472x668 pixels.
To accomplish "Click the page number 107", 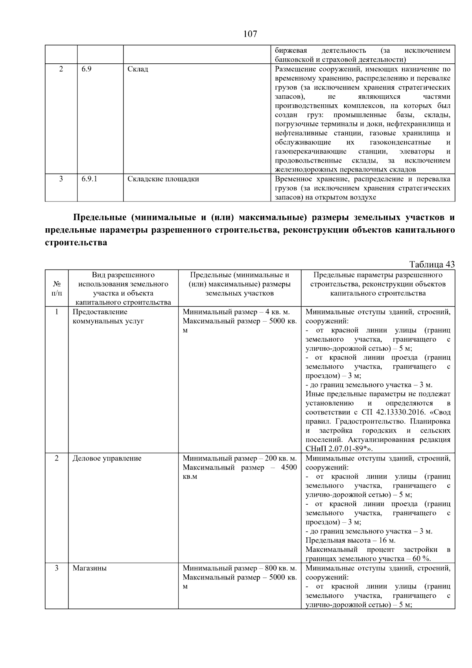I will [x=250, y=34].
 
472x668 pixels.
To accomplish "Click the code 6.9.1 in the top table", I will [x=89, y=179].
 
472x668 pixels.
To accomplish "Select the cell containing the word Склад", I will [x=138, y=69].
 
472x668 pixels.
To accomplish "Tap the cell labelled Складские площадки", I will [x=163, y=179].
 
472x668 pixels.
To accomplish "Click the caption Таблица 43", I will [x=432, y=265].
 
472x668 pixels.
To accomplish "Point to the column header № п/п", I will [x=57, y=289].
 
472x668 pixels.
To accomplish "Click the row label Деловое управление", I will [x=107, y=459].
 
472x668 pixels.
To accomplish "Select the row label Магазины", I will [x=90, y=568].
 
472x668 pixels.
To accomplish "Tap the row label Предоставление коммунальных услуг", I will [x=108, y=316].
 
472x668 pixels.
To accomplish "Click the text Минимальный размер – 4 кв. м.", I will [x=236, y=312].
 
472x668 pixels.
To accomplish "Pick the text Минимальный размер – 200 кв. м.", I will [x=240, y=459].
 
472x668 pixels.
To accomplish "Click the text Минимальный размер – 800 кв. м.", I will [x=240, y=568].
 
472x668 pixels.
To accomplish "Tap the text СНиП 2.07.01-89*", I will [x=337, y=449].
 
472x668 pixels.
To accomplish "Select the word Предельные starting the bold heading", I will [x=98, y=218].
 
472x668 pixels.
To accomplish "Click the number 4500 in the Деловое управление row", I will [x=289, y=468].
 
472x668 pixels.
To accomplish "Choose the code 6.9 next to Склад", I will [x=87, y=69].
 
